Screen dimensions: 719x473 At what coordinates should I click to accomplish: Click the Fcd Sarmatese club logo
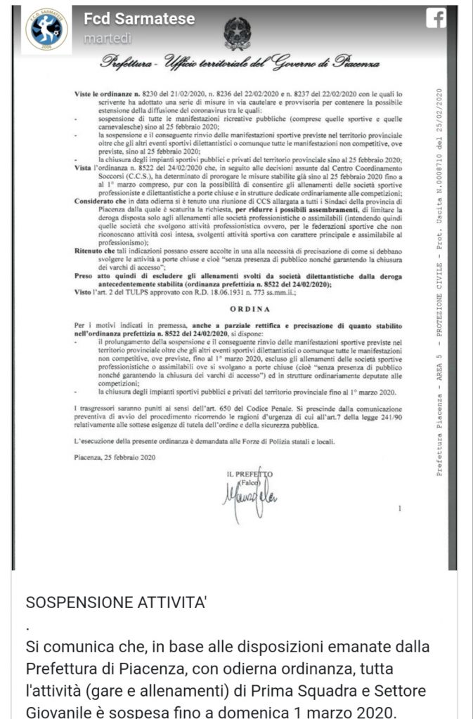(46, 29)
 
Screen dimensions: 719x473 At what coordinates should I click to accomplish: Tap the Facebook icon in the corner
(436, 20)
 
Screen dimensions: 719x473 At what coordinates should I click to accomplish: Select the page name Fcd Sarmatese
(138, 20)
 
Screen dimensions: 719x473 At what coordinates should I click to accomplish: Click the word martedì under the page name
(108, 39)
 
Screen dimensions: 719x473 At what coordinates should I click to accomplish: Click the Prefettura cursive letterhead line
(241, 63)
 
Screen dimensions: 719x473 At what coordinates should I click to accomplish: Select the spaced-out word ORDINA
(241, 307)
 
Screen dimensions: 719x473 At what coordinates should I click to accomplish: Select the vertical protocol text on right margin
(441, 281)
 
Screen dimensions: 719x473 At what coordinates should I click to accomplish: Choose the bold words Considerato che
(103, 201)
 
